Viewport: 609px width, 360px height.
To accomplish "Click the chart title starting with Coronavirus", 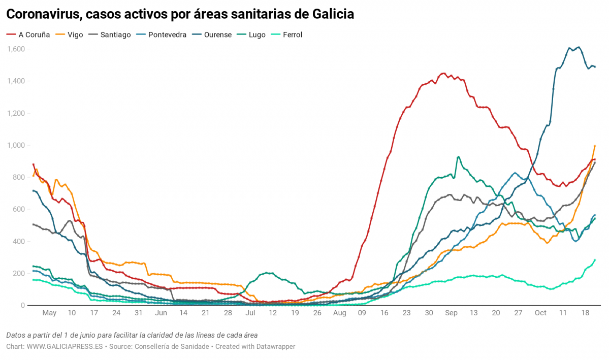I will tap(180, 14).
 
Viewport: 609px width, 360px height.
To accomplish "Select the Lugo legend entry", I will tap(257, 35).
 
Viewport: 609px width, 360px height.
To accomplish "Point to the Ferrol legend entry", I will tap(292, 35).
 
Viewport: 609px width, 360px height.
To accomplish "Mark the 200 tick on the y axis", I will tap(19, 273).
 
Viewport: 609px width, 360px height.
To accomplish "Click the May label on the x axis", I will tap(49, 313).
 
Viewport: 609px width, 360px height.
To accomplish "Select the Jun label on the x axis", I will tap(161, 313).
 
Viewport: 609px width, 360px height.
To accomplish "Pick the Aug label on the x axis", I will tap(339, 313).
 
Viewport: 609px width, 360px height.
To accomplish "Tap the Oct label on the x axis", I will tap(540, 313).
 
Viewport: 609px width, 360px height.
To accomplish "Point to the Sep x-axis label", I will tap(451, 313).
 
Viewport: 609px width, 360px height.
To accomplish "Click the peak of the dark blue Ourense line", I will tap(579, 48).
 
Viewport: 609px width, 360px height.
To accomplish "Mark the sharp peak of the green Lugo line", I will tap(458, 157).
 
